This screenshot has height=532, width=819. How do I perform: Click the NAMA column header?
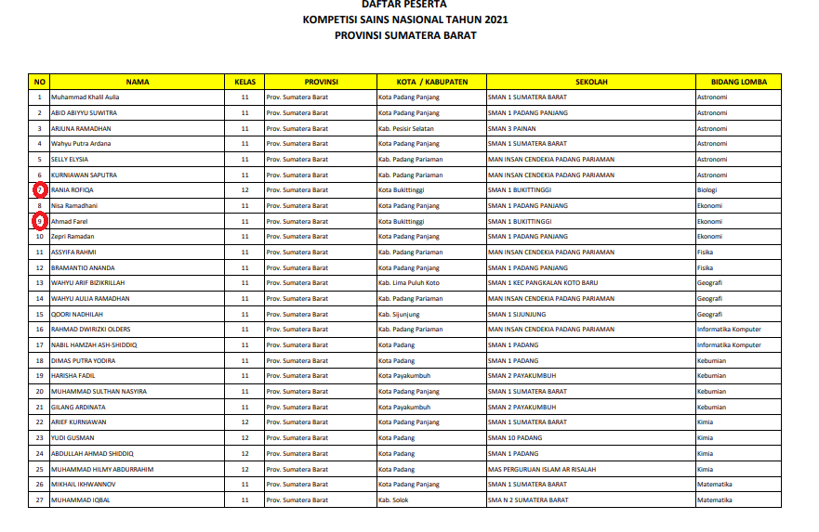click(138, 82)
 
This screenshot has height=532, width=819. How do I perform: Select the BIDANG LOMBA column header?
click(739, 82)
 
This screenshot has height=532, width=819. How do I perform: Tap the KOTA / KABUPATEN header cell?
click(430, 82)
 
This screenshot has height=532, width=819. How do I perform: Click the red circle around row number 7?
click(39, 190)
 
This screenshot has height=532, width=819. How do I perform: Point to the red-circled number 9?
click(39, 221)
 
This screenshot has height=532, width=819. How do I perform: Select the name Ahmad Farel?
click(70, 221)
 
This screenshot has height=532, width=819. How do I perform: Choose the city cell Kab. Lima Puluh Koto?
click(409, 283)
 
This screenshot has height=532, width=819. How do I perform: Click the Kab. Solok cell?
click(393, 500)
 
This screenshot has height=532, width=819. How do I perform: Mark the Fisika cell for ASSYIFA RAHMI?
click(707, 253)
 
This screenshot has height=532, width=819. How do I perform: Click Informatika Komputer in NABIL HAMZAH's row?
click(730, 345)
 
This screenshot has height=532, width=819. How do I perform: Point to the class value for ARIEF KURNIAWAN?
click(245, 422)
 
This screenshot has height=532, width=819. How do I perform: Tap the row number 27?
click(39, 500)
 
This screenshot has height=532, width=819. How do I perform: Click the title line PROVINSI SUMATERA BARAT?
click(405, 35)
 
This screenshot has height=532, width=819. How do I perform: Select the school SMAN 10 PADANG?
click(515, 438)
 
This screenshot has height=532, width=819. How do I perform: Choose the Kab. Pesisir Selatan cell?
click(406, 128)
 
